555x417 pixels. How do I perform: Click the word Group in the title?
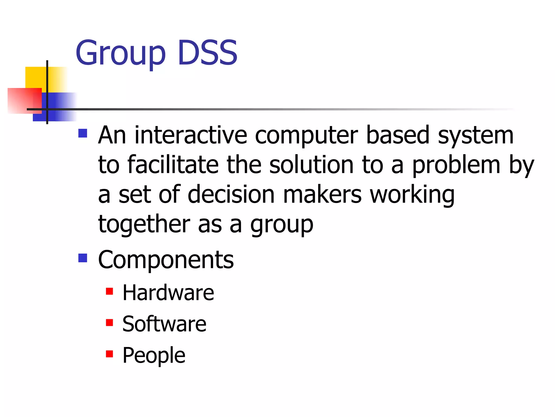120,53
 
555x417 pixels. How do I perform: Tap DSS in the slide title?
208,53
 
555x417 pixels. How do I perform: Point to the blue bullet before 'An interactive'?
83,133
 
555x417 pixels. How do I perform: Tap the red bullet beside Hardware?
109,291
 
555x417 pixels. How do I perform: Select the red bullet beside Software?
109,323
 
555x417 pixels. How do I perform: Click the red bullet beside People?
109,354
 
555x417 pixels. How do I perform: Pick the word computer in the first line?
306,136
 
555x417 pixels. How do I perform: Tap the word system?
476,136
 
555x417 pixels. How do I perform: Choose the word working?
412,195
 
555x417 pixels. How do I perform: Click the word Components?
166,260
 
